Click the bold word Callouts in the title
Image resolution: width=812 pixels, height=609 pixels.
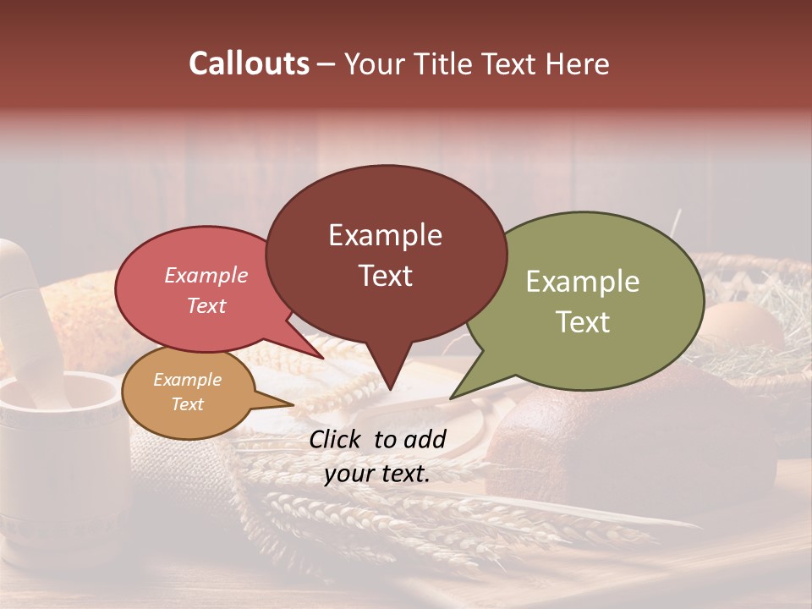249,63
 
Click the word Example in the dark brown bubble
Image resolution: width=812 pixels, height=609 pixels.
385,235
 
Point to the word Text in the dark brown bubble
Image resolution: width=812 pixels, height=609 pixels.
385,276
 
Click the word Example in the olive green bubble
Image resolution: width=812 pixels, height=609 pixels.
583,282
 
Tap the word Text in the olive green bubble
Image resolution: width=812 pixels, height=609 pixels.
583,322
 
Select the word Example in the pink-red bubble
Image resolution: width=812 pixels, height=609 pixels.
206,275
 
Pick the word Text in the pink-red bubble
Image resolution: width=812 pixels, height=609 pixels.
206,305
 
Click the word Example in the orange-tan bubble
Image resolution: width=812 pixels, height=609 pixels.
187,380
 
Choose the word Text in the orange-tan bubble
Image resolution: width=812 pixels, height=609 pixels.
187,404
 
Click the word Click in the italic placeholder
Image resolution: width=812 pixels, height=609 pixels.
337,439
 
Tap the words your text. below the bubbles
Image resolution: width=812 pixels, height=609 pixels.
377,475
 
